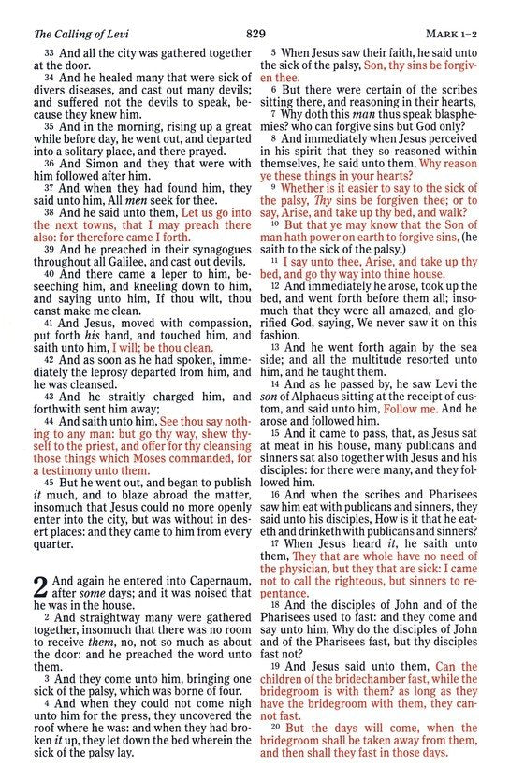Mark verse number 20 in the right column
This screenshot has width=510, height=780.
[x=276, y=727]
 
